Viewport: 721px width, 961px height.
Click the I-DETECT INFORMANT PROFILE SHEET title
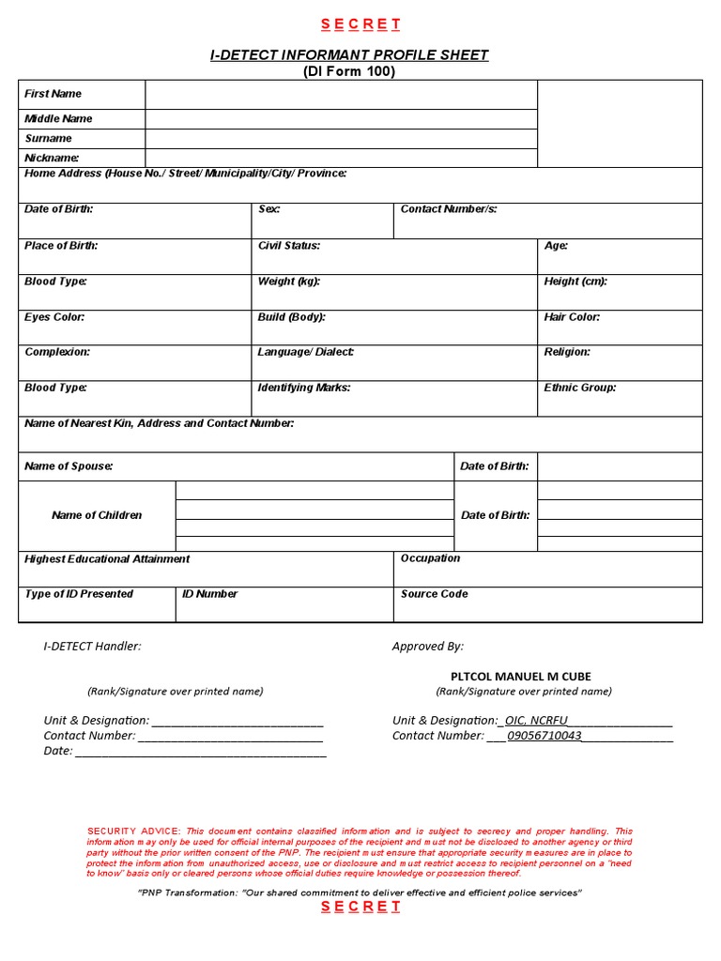click(x=349, y=55)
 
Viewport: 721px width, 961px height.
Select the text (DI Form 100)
click(x=349, y=72)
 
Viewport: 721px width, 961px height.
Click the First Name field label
click(x=53, y=94)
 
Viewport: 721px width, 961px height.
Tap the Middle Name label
click(x=58, y=119)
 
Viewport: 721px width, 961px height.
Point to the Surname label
click(x=48, y=139)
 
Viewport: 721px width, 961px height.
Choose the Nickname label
click(x=52, y=159)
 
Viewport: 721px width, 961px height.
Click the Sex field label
click(x=268, y=209)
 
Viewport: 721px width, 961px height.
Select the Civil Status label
click(x=288, y=246)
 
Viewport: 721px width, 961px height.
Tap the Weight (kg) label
click(x=288, y=282)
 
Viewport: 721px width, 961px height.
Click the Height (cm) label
click(x=575, y=282)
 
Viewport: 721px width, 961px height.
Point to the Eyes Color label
click(x=54, y=317)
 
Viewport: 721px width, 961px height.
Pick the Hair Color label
click(x=572, y=317)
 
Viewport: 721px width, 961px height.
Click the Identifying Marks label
click(x=303, y=388)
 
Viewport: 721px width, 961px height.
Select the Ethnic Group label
click(x=579, y=388)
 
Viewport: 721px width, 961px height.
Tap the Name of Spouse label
click(x=69, y=466)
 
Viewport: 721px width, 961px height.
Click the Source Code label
click(x=434, y=594)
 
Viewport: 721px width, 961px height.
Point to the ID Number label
click(x=209, y=594)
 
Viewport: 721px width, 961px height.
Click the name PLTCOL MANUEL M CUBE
click(x=521, y=677)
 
